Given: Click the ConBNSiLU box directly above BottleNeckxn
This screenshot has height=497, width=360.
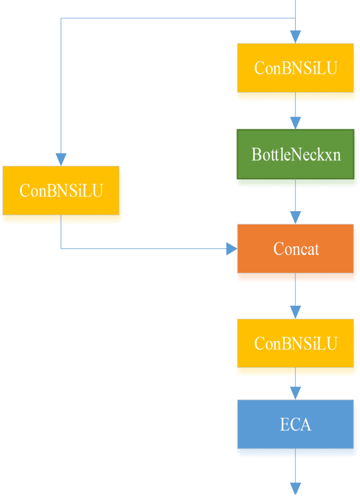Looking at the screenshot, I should click(295, 68).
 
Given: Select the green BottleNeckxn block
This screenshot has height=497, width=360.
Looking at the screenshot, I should click(295, 154).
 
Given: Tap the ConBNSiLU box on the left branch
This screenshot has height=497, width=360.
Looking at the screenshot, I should click(61, 190).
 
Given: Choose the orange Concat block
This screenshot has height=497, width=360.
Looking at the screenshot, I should click(295, 248).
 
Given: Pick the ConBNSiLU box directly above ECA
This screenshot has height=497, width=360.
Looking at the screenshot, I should click(295, 343).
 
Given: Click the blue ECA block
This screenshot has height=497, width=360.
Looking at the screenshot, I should click(295, 424).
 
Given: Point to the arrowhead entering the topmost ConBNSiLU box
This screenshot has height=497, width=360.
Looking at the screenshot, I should click(295, 37).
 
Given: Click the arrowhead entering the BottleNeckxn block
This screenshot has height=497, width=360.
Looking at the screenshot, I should click(295, 123).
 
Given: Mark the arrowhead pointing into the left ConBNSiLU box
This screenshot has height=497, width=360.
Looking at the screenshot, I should click(61, 159).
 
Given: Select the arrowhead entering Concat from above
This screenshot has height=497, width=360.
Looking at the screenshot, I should click(295, 218).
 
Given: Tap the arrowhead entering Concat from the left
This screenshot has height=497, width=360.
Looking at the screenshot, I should click(231, 248).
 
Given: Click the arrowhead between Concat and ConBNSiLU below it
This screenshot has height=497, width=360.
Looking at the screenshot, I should click(295, 312).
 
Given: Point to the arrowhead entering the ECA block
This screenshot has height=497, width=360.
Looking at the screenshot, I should click(295, 393).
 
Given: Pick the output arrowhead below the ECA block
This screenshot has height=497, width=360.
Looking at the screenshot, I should click(295, 488).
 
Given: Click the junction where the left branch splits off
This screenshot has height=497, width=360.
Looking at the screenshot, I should click(295, 18).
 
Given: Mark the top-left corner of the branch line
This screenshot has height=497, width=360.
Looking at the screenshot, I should click(61, 18).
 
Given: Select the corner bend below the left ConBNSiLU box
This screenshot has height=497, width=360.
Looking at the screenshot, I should click(61, 248).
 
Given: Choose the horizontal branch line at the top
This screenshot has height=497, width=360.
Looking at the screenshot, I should click(179, 18).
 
